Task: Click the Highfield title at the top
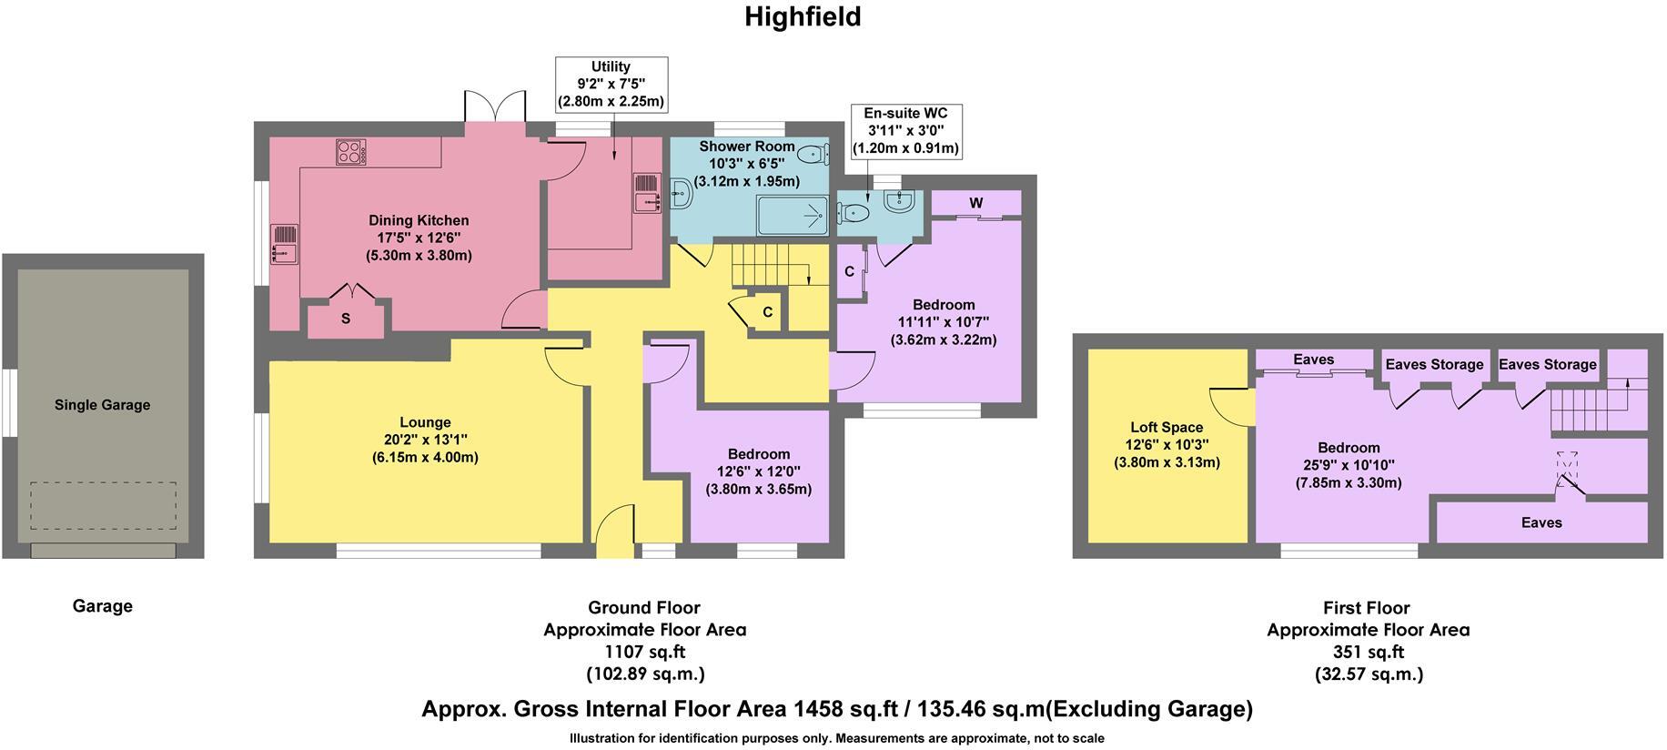[x=803, y=17]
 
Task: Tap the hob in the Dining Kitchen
[x=350, y=151]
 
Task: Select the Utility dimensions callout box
[x=611, y=85]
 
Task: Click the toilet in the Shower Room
[x=813, y=156]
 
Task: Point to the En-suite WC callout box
[x=904, y=131]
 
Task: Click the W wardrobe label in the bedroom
[x=975, y=203]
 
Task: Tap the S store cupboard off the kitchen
[x=346, y=319]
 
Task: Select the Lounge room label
[x=425, y=422]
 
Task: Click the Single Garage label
[x=102, y=405]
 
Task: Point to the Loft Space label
[x=1167, y=427]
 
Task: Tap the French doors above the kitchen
[x=495, y=107]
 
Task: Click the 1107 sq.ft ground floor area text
[x=644, y=652]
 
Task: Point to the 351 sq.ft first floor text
[x=1368, y=652]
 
